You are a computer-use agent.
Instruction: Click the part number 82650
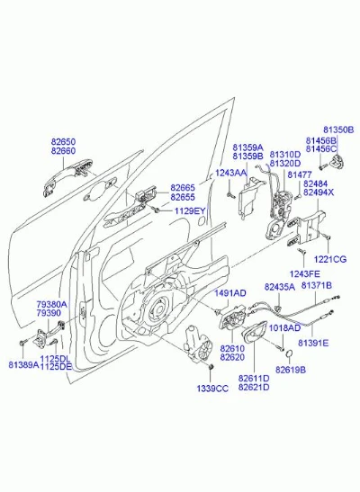pos(63,142)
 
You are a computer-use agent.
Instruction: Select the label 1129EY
pos(189,210)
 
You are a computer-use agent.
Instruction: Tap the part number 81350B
pos(338,130)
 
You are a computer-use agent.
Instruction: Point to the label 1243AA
pos(230,174)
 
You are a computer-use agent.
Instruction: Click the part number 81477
pos(300,174)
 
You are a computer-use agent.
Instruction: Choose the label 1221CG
pos(330,260)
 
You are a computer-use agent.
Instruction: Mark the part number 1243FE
pos(304,274)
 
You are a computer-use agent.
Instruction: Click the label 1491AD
pos(230,293)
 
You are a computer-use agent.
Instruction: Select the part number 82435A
pos(280,287)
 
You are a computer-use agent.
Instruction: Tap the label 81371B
pos(317,285)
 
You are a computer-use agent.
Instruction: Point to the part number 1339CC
pos(212,389)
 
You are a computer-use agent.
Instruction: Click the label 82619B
pos(291,370)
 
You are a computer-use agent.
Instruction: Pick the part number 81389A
pos(23,365)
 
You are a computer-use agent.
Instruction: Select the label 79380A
pos(51,304)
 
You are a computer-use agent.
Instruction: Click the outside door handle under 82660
pos(67,176)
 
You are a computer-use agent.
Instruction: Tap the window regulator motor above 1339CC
pos(198,344)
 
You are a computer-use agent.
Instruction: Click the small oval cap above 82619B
pos(289,354)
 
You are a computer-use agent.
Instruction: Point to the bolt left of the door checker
pos(22,343)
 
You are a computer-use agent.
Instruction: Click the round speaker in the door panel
pos(157,309)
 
